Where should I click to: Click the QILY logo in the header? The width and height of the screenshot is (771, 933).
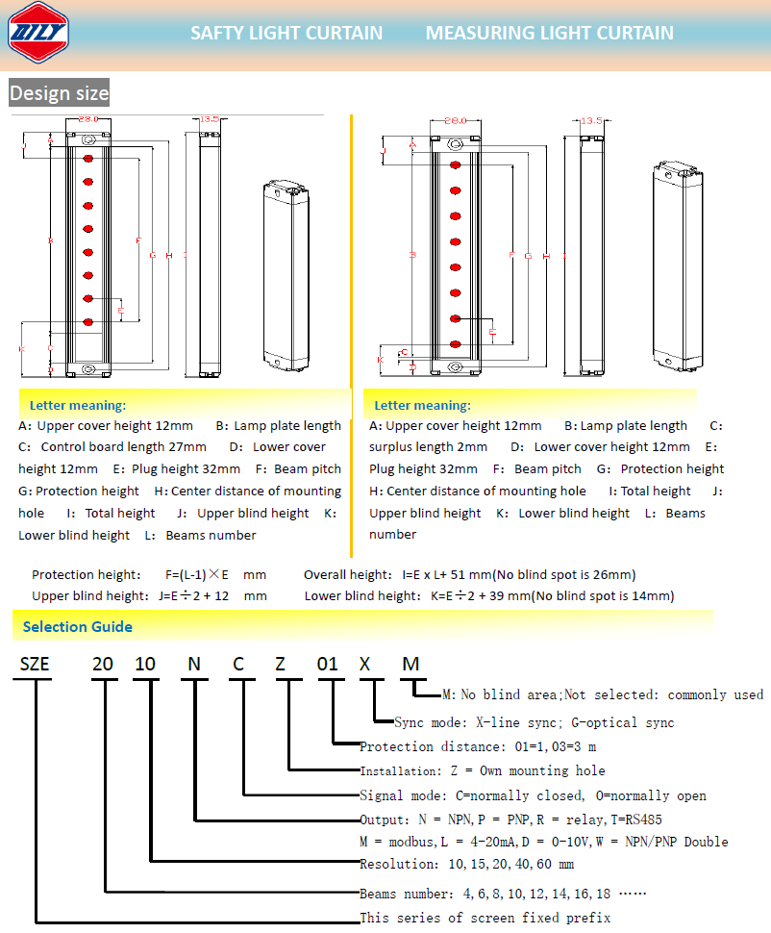[38, 32]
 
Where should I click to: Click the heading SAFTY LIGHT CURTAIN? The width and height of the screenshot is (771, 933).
[286, 33]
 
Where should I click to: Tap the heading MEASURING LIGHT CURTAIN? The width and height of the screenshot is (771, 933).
[549, 33]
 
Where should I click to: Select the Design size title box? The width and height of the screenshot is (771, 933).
[59, 93]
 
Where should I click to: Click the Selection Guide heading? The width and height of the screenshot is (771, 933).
[78, 627]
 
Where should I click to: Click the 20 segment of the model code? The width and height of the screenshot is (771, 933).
[103, 666]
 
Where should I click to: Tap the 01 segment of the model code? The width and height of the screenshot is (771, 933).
[329, 666]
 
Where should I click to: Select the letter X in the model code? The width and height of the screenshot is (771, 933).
[364, 666]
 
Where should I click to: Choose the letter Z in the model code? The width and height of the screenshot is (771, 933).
[281, 666]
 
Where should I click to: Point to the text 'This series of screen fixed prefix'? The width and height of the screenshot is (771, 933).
[485, 918]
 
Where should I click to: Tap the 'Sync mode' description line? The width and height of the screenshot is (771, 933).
[534, 723]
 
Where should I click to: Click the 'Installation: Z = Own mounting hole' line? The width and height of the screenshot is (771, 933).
[482, 770]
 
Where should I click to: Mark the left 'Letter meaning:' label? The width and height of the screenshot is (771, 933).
[77, 405]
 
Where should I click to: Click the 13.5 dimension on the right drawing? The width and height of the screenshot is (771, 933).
[592, 120]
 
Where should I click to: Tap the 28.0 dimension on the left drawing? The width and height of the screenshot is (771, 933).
[88, 119]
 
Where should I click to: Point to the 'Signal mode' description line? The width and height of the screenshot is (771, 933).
[533, 795]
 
